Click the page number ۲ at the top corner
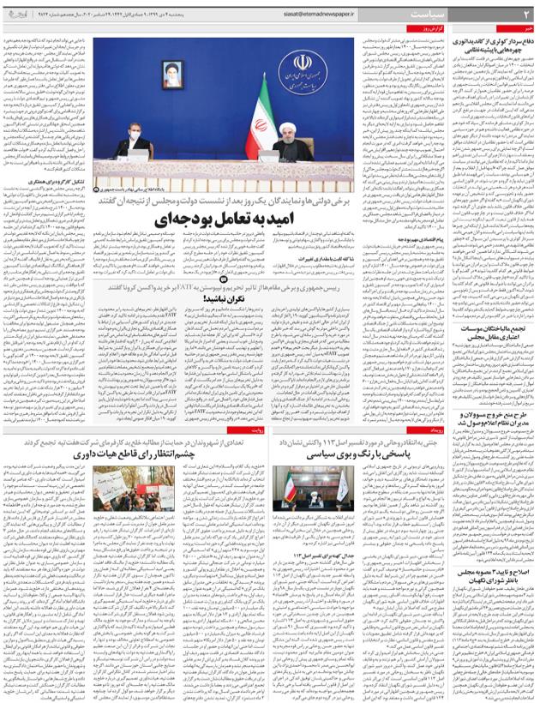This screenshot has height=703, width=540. (x=526, y=13)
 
